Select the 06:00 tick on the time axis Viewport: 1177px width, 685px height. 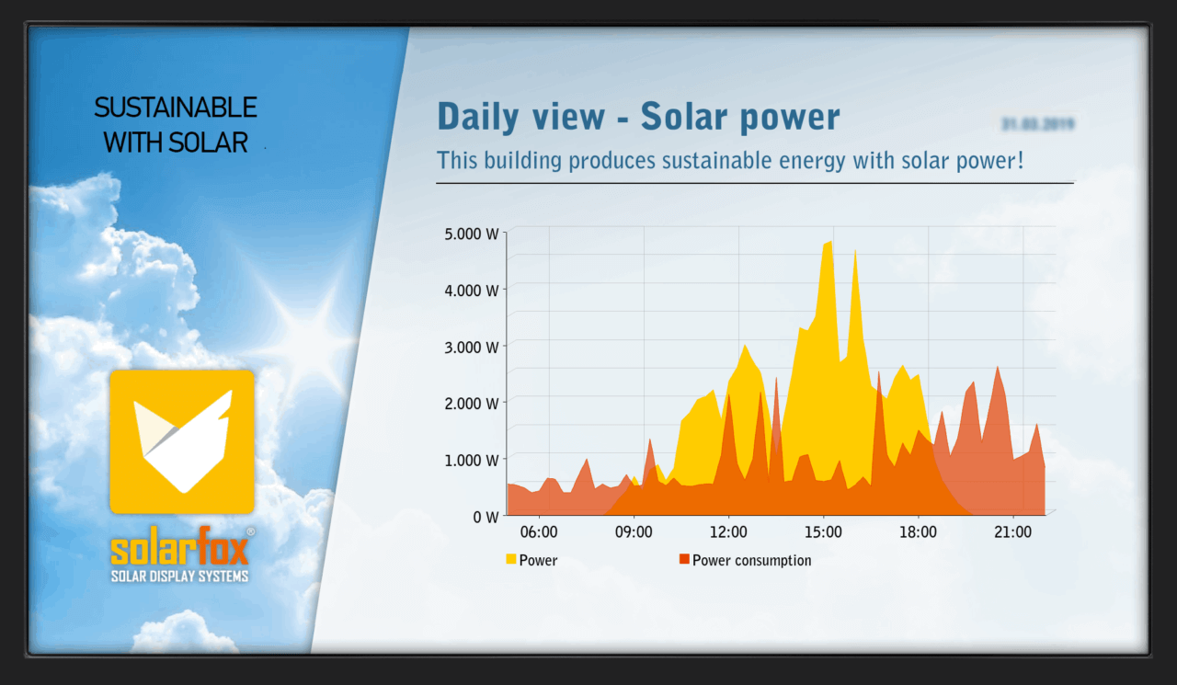pos(538,532)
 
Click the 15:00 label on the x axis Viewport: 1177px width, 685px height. pos(822,532)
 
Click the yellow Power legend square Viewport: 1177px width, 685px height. pos(511,559)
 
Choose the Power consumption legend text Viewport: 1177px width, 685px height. pos(751,560)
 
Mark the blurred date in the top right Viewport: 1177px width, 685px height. pos(1039,123)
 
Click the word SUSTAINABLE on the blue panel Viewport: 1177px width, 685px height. pos(176,108)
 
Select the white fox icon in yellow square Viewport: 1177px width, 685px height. pos(181,441)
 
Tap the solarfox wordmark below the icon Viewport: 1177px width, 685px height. pos(179,550)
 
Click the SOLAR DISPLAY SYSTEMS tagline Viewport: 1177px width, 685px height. pos(179,577)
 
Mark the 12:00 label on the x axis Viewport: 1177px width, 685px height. pos(727,532)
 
